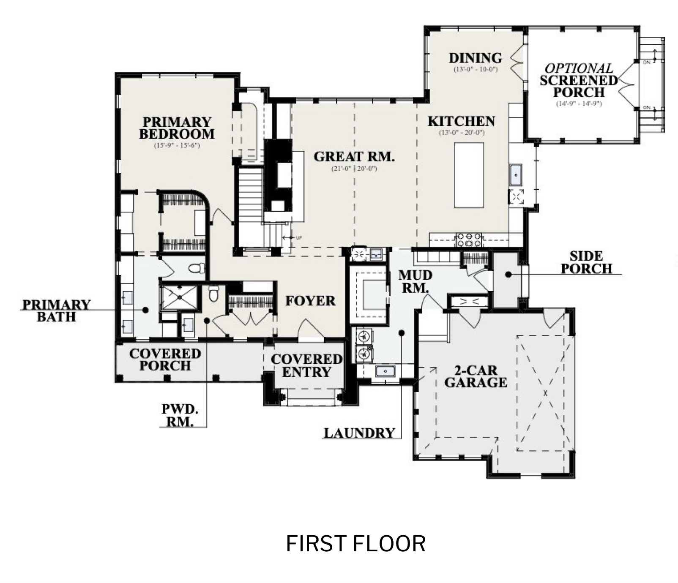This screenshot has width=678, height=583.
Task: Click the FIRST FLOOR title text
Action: point(355,544)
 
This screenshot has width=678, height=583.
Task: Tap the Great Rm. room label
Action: point(354,157)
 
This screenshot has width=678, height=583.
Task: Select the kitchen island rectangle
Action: point(469,175)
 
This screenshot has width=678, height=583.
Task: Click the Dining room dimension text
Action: point(476,69)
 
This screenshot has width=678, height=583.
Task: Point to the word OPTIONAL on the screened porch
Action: point(578,68)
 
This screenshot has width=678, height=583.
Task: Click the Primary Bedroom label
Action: point(176,128)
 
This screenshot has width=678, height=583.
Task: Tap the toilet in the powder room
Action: point(213,294)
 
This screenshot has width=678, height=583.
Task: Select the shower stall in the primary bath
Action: point(180,297)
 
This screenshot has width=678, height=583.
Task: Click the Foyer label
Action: point(310,301)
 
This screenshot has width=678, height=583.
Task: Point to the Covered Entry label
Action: point(306,365)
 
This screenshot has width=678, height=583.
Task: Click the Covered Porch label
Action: point(165,360)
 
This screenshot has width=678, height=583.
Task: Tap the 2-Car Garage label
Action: point(476,376)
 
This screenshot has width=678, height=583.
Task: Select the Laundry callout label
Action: point(359,433)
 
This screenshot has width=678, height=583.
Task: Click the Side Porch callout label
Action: point(586,262)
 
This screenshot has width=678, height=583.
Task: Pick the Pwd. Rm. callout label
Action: point(180,415)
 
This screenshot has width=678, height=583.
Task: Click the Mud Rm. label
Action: point(415,281)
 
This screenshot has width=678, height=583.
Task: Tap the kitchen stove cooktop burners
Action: point(468,240)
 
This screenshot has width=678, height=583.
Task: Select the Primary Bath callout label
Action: point(56,311)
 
